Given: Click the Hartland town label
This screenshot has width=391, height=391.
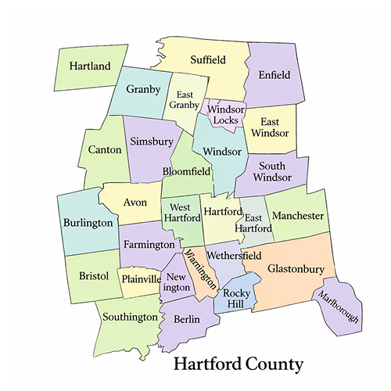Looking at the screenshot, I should click(88, 66).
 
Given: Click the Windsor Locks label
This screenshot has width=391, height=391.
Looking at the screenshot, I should click(224, 115).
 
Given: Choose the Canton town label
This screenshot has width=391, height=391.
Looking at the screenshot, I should click(104, 149).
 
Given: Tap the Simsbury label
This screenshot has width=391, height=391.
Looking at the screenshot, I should click(150, 142).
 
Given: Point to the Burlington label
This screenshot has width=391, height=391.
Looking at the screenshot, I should click(88, 223).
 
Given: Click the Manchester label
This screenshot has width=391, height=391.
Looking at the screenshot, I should click(298, 215).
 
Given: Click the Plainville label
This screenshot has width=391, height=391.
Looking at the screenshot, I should click(140, 279).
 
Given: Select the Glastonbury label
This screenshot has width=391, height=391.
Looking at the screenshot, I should click(296, 268).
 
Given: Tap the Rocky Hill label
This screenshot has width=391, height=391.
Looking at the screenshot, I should click(236, 299).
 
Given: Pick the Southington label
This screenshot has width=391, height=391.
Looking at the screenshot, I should click(127, 317).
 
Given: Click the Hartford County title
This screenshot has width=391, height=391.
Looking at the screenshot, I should click(238, 364).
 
